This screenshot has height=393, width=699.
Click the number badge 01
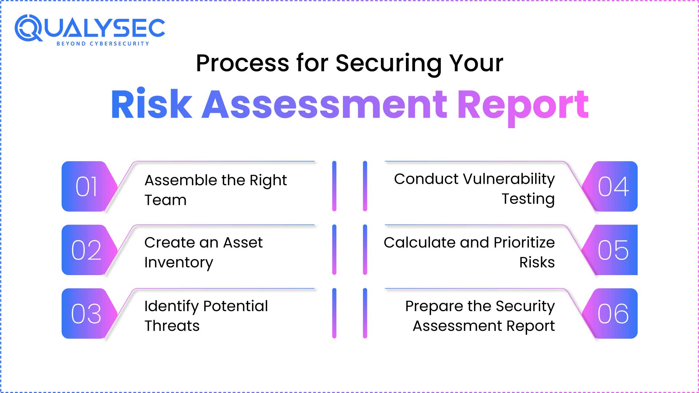pos(87,186)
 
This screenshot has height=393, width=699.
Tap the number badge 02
pos(87,250)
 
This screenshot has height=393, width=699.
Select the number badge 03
pos(87,314)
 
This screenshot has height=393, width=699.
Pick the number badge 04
pos(613,186)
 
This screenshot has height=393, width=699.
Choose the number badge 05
pos(613,250)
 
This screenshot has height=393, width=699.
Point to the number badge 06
pos(613,314)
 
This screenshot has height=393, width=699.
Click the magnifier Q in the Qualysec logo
pos(28,28)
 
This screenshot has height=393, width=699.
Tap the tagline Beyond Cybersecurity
pos(103,44)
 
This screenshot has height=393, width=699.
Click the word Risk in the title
pos(151,104)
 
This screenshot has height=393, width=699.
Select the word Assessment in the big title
pos(324,104)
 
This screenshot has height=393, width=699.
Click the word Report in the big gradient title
pos(522,106)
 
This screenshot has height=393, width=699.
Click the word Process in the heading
pos(242,63)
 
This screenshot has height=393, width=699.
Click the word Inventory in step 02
pos(178,263)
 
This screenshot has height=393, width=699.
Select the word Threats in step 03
pos(172,326)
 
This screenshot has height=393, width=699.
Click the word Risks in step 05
pos(537,262)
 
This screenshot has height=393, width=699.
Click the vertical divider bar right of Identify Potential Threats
pos(334,313)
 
